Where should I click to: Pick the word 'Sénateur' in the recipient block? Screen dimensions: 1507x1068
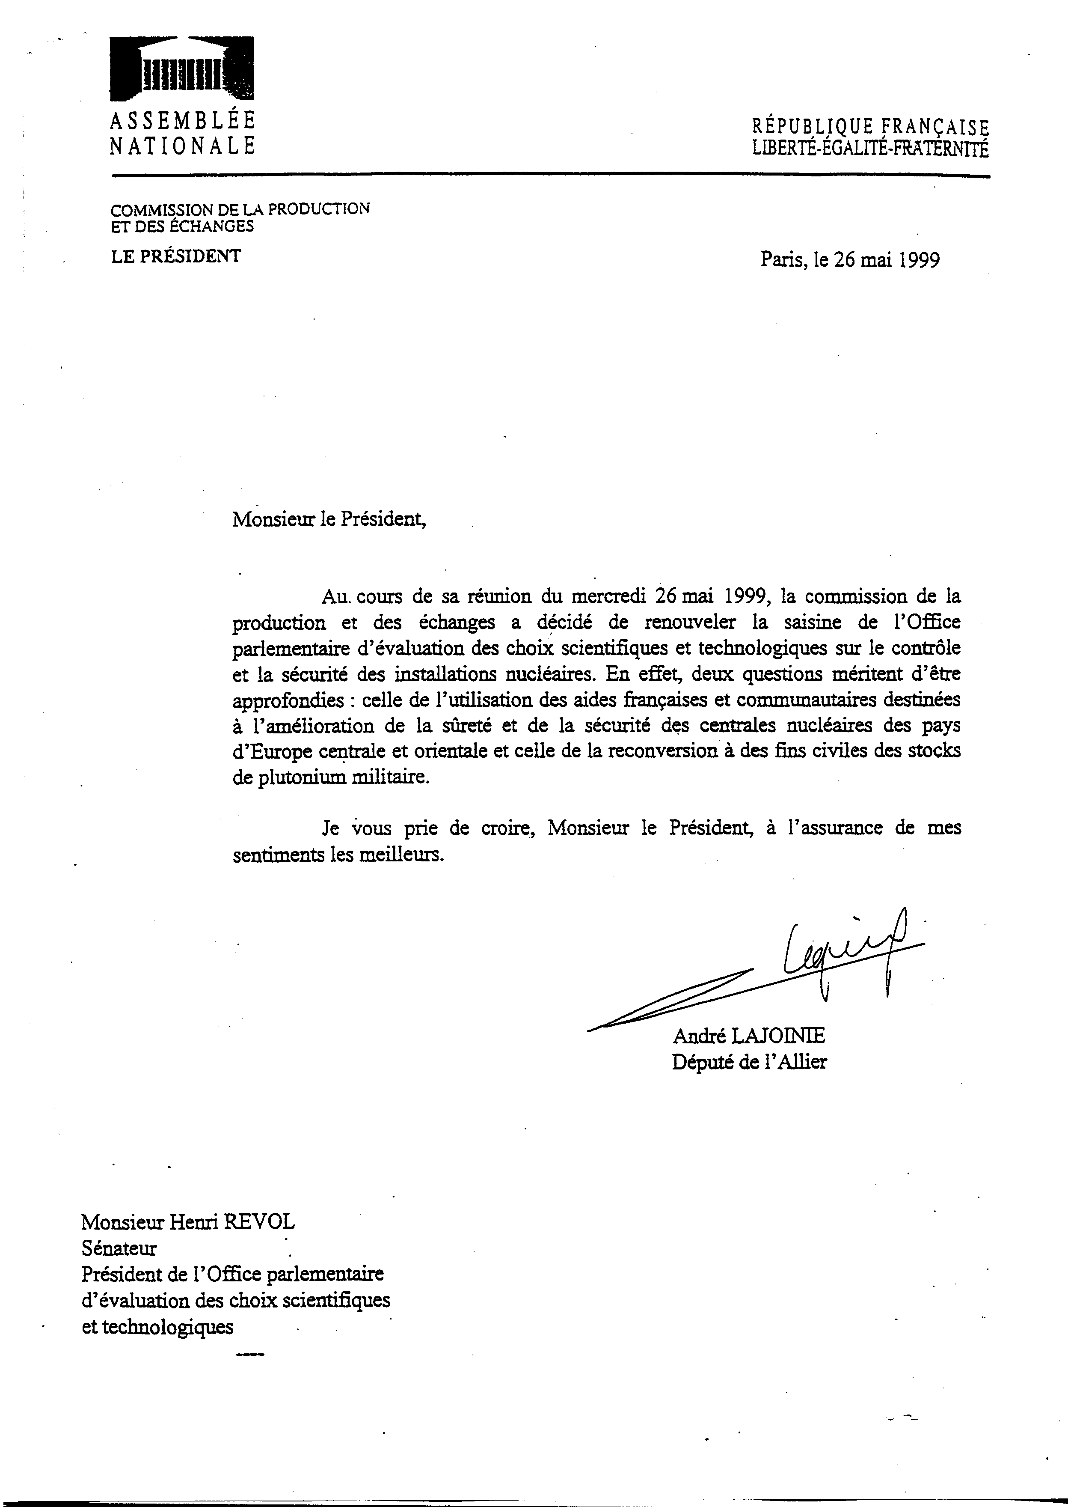[x=119, y=1248]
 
